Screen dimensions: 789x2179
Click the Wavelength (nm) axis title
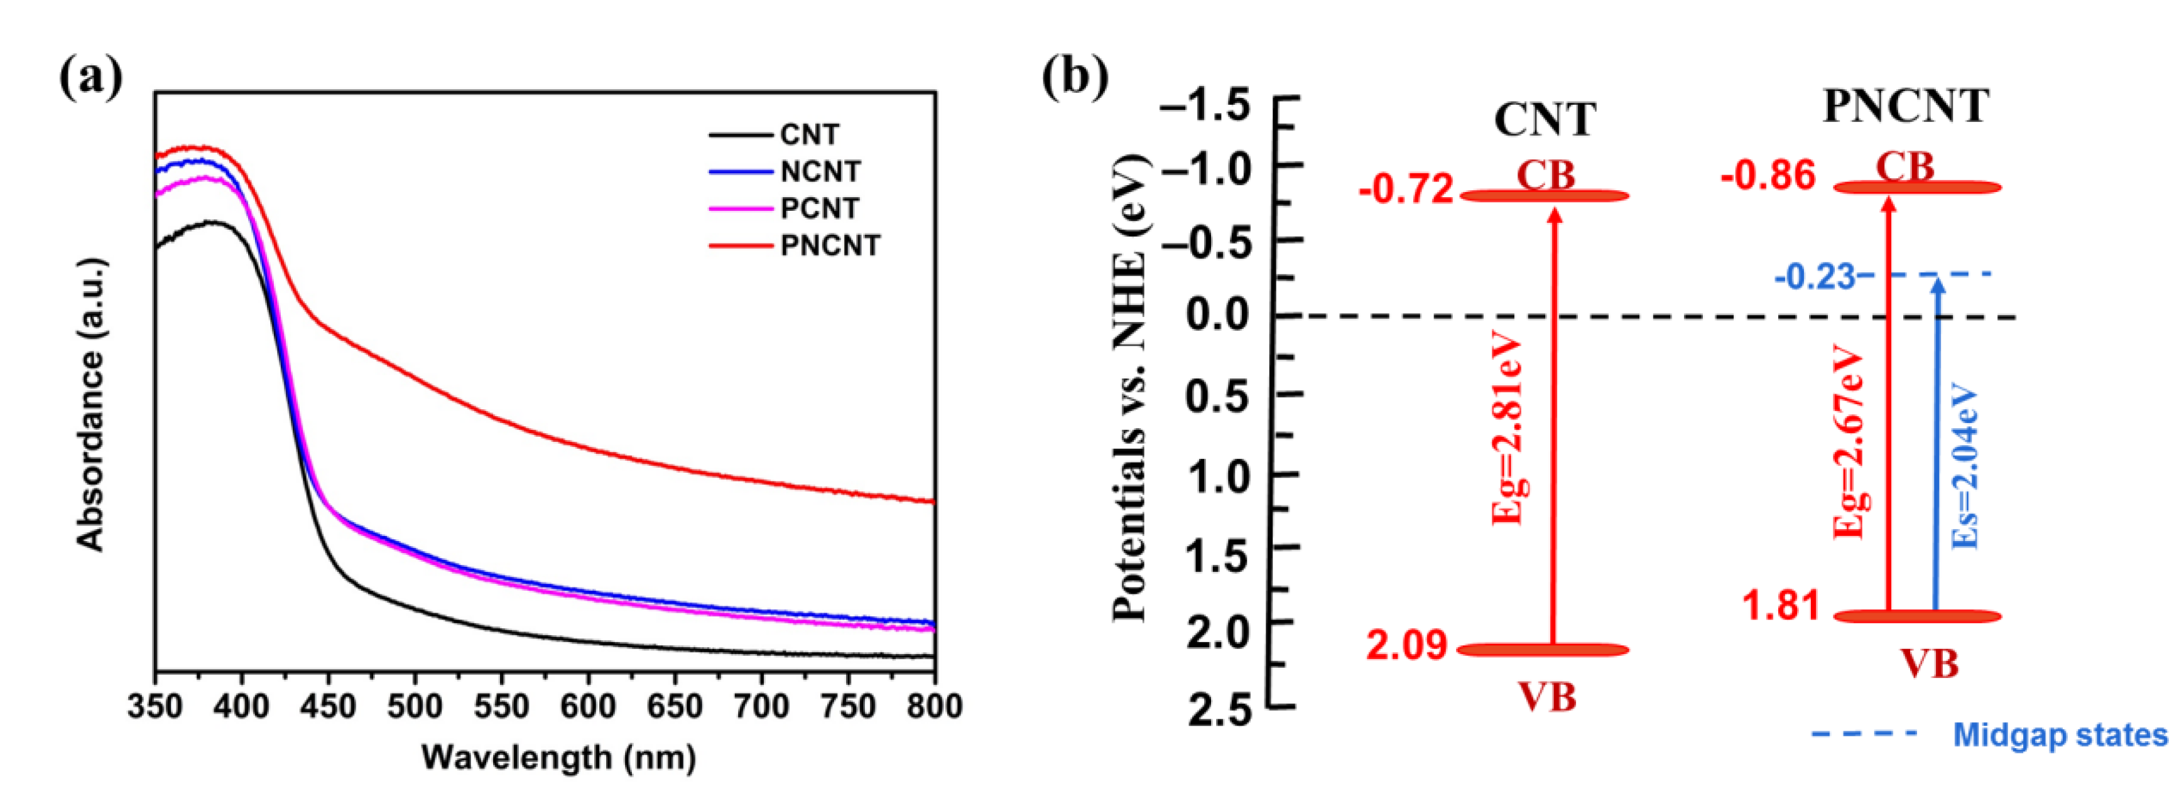point(558,757)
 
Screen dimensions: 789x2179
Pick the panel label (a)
point(90,78)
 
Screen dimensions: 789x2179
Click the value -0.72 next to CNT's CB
point(1406,190)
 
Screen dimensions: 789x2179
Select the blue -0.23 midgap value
point(1815,277)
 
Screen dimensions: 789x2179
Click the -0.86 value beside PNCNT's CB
point(1768,176)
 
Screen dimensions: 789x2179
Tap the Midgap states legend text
point(2060,734)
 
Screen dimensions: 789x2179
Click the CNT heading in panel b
point(1545,119)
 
